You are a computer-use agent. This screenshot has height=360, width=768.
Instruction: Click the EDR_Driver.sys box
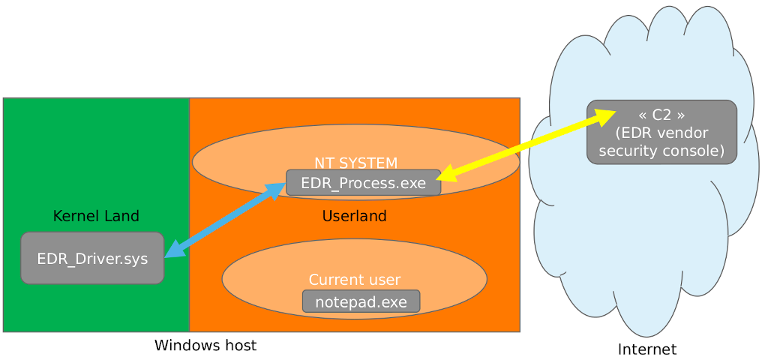pyautogui.click(x=92, y=258)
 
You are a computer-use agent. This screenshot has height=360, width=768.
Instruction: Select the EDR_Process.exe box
pyautogui.click(x=363, y=183)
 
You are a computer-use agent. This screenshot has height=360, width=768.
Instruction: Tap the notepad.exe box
pyautogui.click(x=361, y=302)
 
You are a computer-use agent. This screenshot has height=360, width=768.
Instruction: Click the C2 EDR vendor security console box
pyautogui.click(x=661, y=133)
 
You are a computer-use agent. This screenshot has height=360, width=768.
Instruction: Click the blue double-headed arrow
pyautogui.click(x=225, y=220)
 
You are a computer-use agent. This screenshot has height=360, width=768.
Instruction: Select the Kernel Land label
pyautogui.click(x=96, y=217)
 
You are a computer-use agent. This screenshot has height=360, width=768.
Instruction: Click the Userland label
pyautogui.click(x=354, y=217)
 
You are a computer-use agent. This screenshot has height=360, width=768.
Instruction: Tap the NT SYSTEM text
pyautogui.click(x=355, y=163)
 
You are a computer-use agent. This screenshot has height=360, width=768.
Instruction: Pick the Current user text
pyautogui.click(x=354, y=280)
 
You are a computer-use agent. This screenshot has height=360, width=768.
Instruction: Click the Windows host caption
pyautogui.click(x=205, y=346)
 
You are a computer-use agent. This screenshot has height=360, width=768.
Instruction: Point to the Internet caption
pyautogui.click(x=646, y=349)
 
